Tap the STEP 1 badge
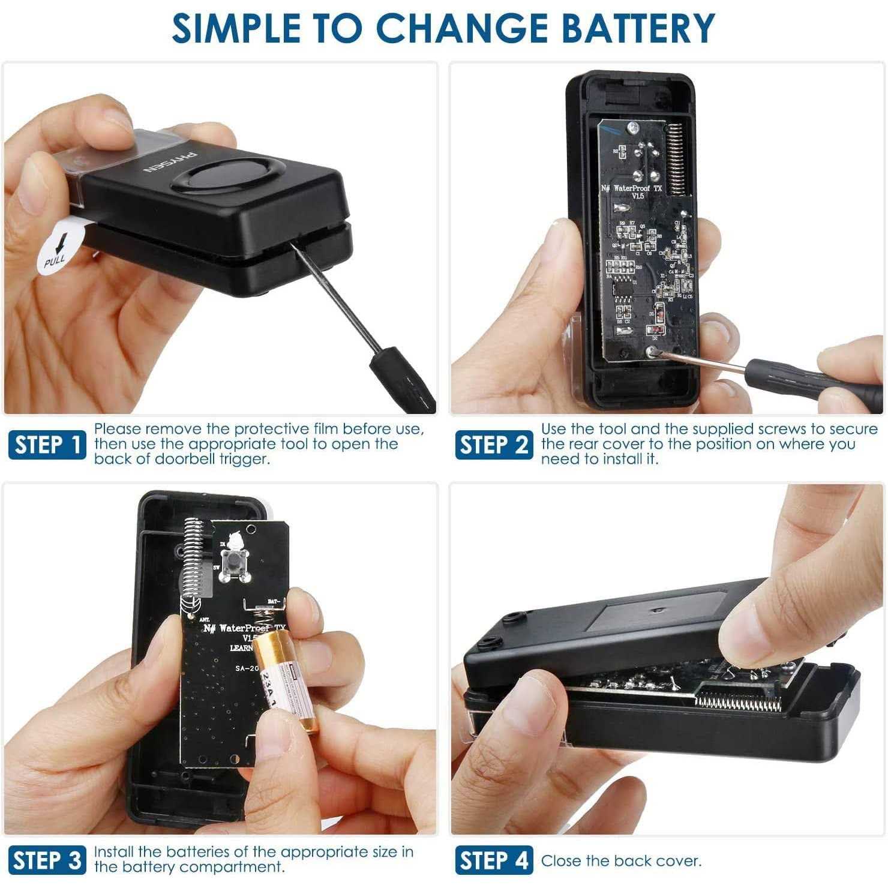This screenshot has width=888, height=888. tap(47, 445)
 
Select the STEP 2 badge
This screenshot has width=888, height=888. tap(493, 445)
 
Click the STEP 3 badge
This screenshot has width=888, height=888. tap(47, 860)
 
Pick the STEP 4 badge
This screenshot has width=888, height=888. tap(493, 860)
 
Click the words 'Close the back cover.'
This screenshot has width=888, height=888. tap(621, 861)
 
